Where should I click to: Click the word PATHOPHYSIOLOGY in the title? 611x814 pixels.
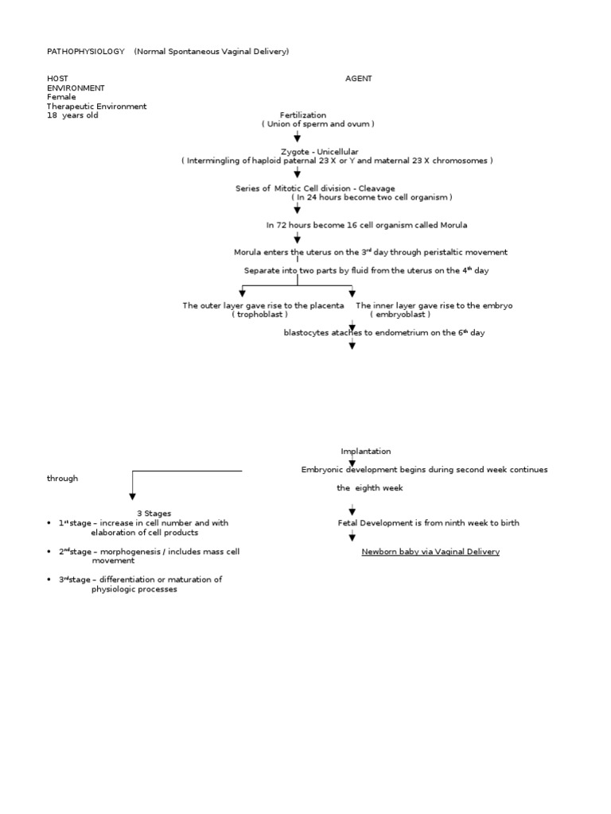click(x=86, y=52)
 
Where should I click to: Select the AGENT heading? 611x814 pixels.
click(x=358, y=79)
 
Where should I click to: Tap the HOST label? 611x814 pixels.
click(x=57, y=79)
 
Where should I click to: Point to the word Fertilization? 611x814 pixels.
click(x=302, y=115)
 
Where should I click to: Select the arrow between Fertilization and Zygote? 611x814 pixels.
click(x=298, y=137)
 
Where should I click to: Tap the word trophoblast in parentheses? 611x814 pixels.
click(x=259, y=315)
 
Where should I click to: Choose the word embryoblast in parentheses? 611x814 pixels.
click(x=399, y=315)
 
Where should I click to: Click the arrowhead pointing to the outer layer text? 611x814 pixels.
click(x=243, y=293)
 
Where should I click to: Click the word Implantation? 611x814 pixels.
click(x=366, y=452)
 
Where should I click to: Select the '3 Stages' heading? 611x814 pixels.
click(x=149, y=514)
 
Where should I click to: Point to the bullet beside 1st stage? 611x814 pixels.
click(x=50, y=523)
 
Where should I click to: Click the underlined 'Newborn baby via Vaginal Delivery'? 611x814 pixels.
click(x=430, y=552)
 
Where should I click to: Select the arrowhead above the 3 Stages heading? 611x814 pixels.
click(x=132, y=498)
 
